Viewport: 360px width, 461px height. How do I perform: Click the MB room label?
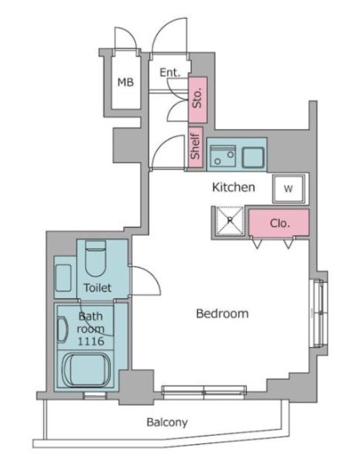tap(126, 83)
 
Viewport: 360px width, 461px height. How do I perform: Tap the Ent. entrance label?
tap(170, 73)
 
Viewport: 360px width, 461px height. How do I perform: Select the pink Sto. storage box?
tap(198, 100)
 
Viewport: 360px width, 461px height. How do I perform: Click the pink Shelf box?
tap(195, 147)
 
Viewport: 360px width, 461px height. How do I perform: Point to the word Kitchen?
tap(233, 187)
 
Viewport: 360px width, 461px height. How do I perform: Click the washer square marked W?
tap(288, 188)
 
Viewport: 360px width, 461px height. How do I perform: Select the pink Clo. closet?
tap(279, 223)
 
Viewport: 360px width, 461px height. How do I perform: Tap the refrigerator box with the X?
tap(230, 221)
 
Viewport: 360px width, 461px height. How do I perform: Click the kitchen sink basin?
tap(254, 158)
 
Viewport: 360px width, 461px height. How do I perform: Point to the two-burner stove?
tap(223, 156)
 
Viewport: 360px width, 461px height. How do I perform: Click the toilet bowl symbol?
tap(95, 258)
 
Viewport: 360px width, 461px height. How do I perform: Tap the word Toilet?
tap(97, 288)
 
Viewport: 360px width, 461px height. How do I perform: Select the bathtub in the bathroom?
tap(86, 370)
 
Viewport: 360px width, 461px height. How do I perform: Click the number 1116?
tap(91, 341)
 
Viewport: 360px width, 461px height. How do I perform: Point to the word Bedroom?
tap(222, 314)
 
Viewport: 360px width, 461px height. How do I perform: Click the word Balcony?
tap(166, 422)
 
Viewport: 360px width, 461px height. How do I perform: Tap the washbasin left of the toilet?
tap(63, 278)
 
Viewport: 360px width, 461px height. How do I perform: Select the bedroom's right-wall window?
tap(319, 312)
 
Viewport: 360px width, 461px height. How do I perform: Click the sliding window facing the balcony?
tap(204, 393)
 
